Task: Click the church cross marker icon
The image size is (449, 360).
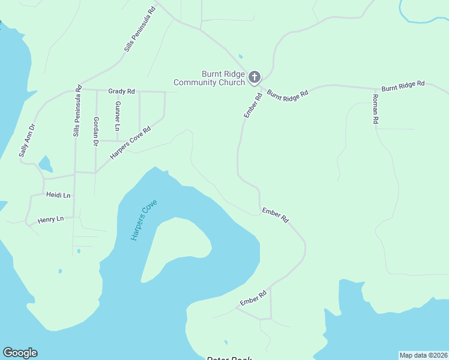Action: pyautogui.click(x=255, y=77)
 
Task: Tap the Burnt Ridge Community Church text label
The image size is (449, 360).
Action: pyautogui.click(x=209, y=78)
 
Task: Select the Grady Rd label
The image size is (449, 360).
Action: pyautogui.click(x=121, y=91)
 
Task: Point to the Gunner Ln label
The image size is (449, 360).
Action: pyautogui.click(x=118, y=116)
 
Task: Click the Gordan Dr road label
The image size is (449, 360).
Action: pyautogui.click(x=96, y=131)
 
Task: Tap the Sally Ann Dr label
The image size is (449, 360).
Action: pyautogui.click(x=27, y=140)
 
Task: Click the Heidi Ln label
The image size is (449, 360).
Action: pyautogui.click(x=58, y=196)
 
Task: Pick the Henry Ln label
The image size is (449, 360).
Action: pyautogui.click(x=50, y=220)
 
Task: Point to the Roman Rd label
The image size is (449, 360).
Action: pyautogui.click(x=375, y=109)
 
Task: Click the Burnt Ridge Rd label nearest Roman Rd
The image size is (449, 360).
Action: pyautogui.click(x=403, y=86)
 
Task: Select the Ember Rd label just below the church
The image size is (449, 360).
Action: pyautogui.click(x=253, y=105)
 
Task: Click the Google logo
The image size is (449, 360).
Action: pyautogui.click(x=20, y=353)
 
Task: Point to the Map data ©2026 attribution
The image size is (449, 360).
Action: pyautogui.click(x=423, y=355)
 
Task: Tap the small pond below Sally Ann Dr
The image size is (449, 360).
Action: pyautogui.click(x=45, y=163)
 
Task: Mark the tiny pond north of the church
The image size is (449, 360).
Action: pyautogui.click(x=240, y=57)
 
